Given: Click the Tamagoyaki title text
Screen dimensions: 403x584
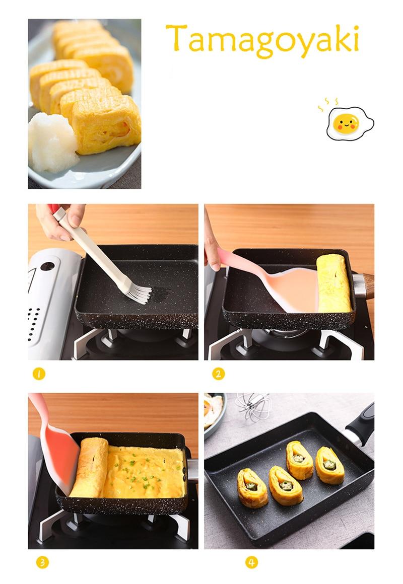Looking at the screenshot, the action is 262,40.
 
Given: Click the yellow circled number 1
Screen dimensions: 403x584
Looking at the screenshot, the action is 39,374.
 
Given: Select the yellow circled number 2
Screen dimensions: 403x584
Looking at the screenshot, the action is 219,374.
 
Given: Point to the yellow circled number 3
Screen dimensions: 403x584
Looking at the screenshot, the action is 42,562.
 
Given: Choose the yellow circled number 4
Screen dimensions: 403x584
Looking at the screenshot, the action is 252,562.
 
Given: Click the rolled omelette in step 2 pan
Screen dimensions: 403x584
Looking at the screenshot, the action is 334,283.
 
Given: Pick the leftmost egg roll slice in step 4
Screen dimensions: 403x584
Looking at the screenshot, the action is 252,488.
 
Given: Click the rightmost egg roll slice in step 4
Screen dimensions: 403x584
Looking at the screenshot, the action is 330,465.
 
